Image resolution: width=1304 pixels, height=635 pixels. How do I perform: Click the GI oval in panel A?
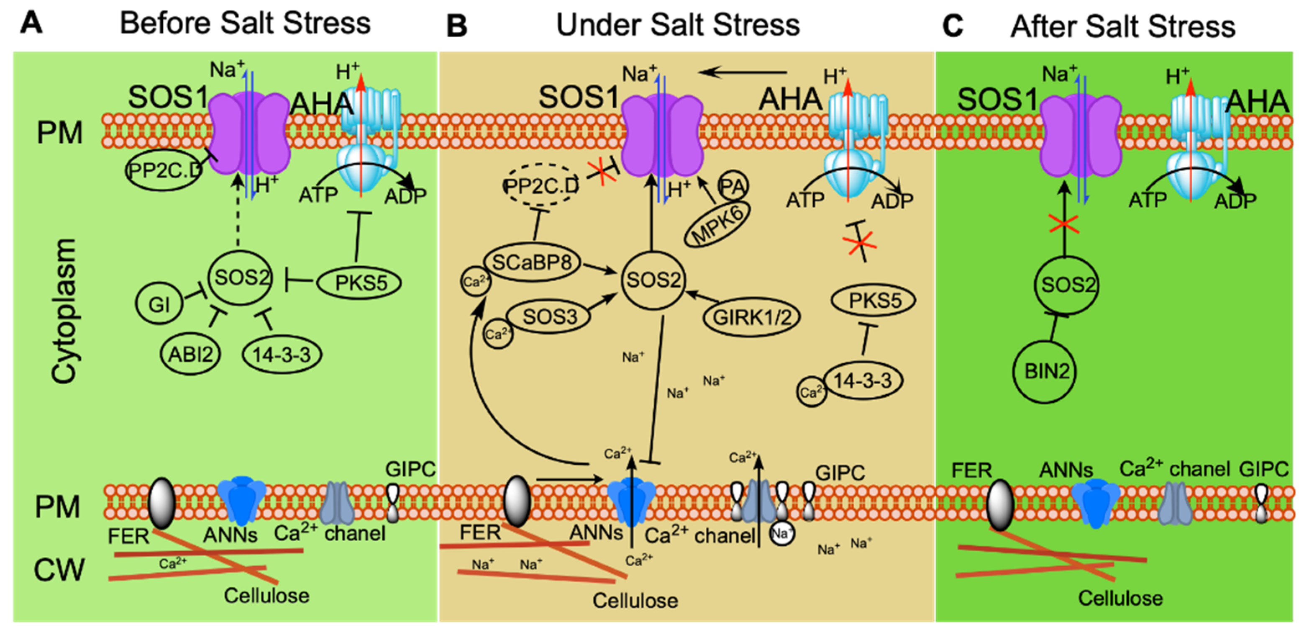[159, 304]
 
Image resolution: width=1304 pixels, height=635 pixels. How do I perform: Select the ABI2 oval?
[190, 354]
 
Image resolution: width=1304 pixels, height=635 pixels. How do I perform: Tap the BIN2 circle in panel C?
[1046, 371]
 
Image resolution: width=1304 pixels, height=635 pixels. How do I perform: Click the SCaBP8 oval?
[532, 262]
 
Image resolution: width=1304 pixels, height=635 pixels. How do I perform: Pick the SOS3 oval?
[549, 317]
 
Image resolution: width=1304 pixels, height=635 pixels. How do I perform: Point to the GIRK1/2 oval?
[752, 317]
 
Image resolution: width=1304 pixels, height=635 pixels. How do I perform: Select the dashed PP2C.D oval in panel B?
[540, 186]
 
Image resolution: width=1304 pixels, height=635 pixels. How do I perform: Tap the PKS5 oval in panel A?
[360, 283]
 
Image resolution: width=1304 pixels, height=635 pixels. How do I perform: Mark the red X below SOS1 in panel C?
[1064, 223]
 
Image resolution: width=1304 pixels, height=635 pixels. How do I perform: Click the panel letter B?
[456, 26]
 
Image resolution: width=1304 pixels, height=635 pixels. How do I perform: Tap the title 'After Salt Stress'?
[1123, 26]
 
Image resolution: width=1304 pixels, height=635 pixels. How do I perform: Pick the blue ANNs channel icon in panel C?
[1095, 502]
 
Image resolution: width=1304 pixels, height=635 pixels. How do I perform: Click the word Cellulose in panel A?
[267, 596]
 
